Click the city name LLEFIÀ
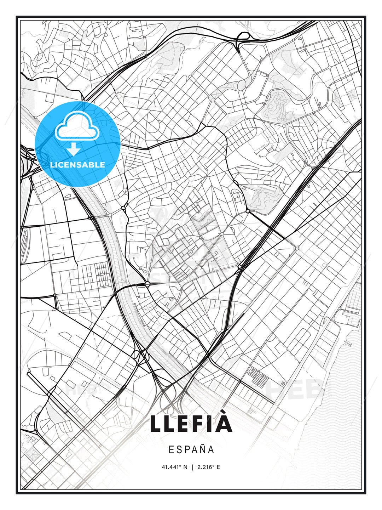191,424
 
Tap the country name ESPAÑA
191,450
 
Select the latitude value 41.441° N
174,467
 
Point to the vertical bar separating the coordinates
192,467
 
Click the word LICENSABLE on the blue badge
77,165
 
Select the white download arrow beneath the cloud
74,149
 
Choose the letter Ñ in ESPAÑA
201,449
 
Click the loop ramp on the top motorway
243,37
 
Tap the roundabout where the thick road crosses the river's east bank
147,284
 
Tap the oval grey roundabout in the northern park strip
242,85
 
